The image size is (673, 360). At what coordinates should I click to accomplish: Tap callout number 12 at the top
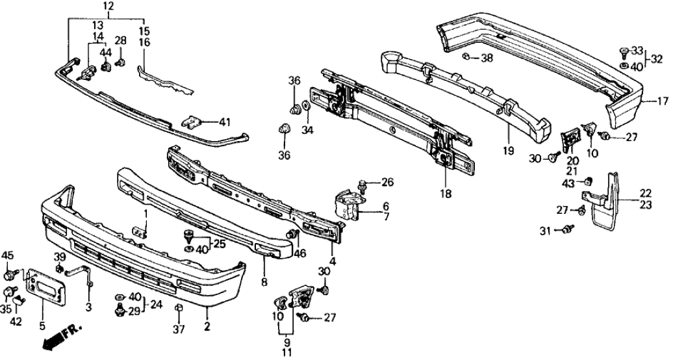(108, 6)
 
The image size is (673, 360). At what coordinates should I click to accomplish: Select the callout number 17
(663, 101)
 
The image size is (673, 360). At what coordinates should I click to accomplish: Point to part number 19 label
(508, 151)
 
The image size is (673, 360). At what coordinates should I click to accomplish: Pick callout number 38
(487, 58)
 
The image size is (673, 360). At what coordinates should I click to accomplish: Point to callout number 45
(8, 255)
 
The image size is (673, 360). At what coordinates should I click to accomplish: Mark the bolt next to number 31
(570, 228)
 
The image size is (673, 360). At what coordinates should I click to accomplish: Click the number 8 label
(265, 283)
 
